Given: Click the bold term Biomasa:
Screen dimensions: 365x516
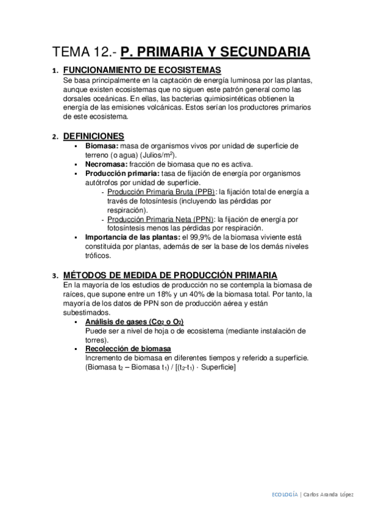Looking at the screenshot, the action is pos(102,146).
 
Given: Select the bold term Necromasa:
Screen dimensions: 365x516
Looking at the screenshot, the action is pos(106,164).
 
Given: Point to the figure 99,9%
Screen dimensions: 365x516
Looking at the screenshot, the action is pos(206,237).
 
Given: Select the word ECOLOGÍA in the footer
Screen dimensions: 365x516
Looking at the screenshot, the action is pos(285,495).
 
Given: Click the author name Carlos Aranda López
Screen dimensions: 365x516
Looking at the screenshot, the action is pos(330,495).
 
